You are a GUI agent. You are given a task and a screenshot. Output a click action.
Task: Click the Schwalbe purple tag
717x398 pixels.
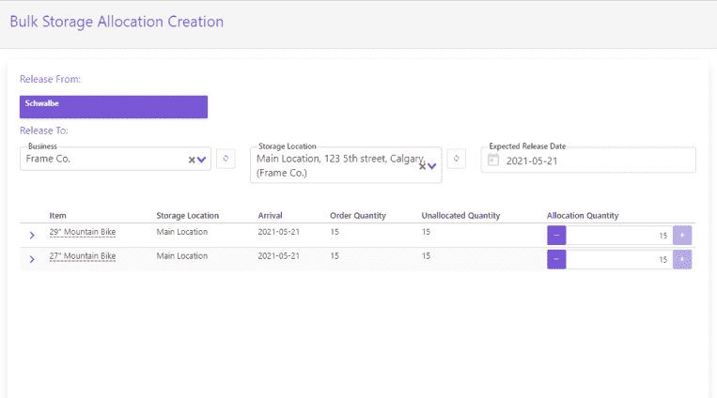click(113, 106)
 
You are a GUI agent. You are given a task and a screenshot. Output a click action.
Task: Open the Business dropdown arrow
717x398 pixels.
click(201, 160)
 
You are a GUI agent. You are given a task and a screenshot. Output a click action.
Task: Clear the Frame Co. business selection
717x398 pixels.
click(191, 160)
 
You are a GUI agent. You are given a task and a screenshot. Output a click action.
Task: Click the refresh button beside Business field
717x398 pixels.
click(225, 159)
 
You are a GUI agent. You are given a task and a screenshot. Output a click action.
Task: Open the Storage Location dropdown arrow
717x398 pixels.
click(432, 165)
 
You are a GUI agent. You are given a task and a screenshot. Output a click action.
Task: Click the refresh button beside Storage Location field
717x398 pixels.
click(456, 159)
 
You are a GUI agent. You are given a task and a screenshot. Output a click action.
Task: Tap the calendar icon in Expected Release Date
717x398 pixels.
click(492, 161)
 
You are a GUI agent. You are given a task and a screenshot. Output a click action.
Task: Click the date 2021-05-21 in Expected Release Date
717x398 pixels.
click(533, 161)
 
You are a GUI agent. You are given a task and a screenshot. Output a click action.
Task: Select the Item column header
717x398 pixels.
click(58, 216)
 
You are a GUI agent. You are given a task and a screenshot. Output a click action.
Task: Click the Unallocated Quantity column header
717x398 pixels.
click(460, 216)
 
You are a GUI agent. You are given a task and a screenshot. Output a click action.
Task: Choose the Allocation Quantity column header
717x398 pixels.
click(583, 216)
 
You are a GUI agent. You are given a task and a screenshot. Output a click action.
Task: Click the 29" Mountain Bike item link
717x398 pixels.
click(83, 231)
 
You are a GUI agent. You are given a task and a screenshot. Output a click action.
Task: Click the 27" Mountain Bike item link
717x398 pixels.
click(83, 255)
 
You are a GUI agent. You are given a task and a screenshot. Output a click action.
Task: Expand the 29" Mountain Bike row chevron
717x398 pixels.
click(32, 234)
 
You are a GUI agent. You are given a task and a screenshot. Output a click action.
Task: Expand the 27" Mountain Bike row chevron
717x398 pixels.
click(32, 258)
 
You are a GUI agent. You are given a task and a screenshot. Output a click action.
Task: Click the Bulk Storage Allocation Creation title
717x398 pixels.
click(117, 21)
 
